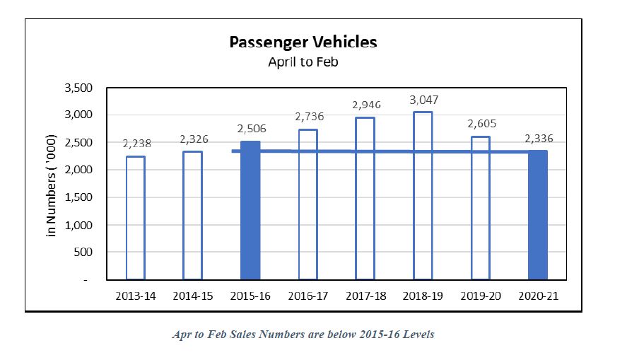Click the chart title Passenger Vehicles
click(303, 42)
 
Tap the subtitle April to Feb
click(303, 62)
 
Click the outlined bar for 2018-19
click(423, 195)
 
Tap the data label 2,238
click(136, 143)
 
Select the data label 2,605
click(481, 124)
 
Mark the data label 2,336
click(539, 139)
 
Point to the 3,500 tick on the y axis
click(78, 88)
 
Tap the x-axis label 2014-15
click(192, 296)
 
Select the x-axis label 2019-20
click(481, 296)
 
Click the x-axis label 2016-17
click(308, 296)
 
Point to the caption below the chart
click(303, 334)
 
